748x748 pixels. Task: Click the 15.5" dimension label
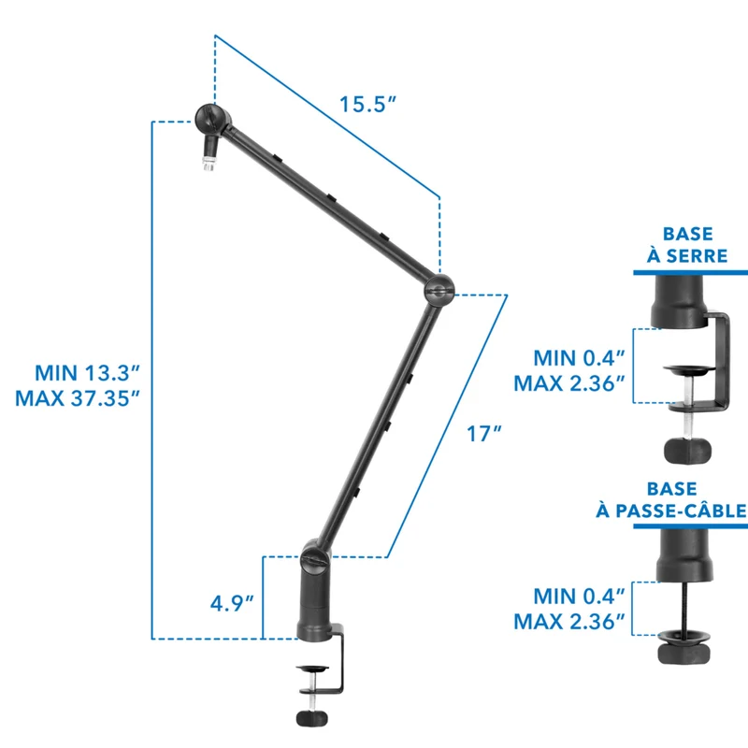[367, 105]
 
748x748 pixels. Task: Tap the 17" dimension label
[483, 434]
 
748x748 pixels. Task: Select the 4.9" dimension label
[232, 603]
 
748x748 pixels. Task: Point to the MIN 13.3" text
[87, 372]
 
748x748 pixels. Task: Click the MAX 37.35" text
[78, 398]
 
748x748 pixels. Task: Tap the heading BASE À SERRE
[687, 245]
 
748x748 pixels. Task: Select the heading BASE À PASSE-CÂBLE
[671, 499]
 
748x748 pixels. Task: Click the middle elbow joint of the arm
[439, 290]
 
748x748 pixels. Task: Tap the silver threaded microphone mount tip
[208, 163]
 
